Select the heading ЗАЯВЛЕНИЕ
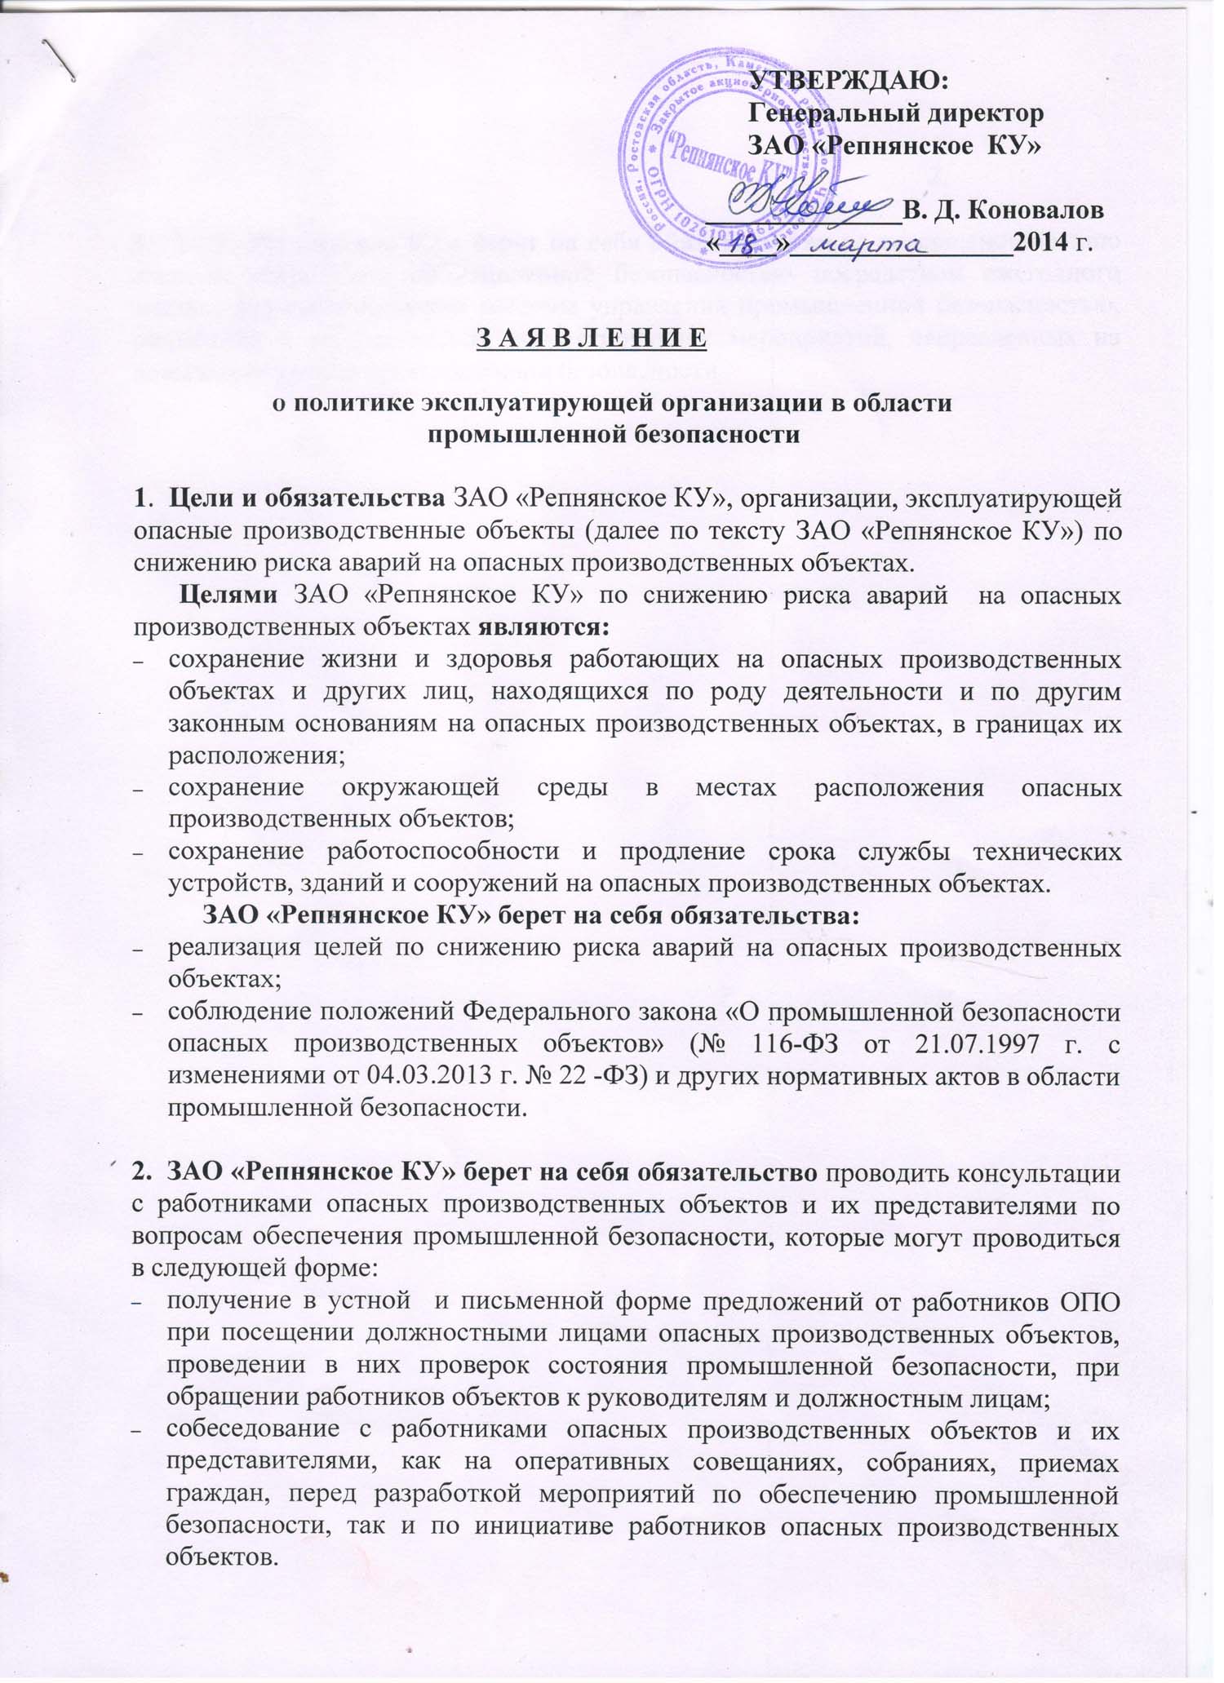[591, 337]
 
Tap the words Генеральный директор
[896, 113]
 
